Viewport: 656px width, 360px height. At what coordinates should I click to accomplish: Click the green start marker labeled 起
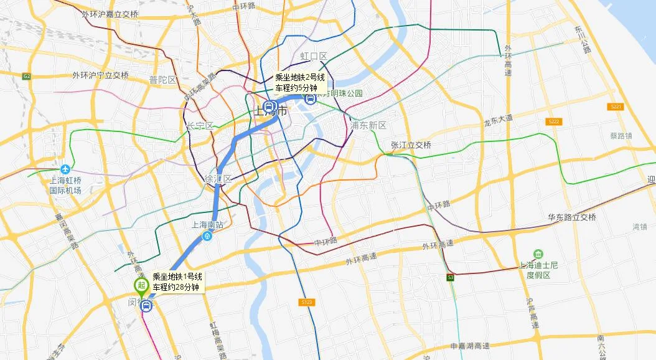[x=141, y=287]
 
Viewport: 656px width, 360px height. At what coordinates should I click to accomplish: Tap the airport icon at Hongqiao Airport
[x=65, y=169]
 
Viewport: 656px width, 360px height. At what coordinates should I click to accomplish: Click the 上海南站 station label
[x=207, y=225]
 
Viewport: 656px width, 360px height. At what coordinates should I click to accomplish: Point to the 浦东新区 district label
[x=368, y=125]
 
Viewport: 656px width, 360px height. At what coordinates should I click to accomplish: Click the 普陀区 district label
[x=162, y=80]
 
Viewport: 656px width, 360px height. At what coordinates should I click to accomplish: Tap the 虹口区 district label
[x=314, y=57]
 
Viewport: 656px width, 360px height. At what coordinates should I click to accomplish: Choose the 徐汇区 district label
[x=218, y=179]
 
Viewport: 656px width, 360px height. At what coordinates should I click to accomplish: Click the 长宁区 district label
[x=199, y=126]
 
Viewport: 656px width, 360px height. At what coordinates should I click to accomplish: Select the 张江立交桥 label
[x=411, y=145]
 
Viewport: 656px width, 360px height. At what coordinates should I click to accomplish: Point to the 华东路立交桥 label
[x=571, y=217]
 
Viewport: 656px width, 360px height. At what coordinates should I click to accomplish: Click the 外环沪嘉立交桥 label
[x=110, y=14]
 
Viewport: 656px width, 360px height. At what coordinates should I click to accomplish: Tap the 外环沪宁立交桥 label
[x=100, y=75]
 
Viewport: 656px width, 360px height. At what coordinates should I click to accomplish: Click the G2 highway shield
[x=26, y=76]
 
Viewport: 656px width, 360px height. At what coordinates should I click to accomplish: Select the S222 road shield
[x=554, y=121]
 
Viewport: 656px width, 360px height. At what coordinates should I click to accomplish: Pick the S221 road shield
[x=616, y=107]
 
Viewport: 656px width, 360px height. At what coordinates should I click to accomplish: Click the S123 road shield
[x=306, y=302]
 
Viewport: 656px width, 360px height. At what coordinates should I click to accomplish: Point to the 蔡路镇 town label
[x=621, y=135]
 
